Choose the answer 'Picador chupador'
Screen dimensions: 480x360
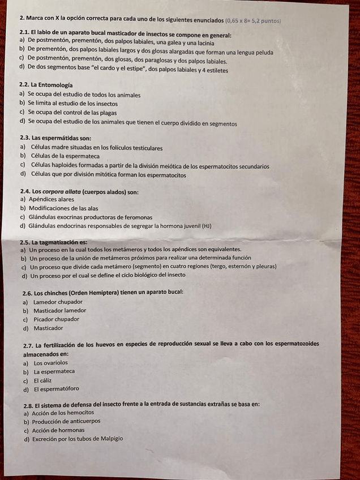tap(56, 319)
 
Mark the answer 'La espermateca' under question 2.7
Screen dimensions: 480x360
tap(54, 371)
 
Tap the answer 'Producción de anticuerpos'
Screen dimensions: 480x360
tap(66, 421)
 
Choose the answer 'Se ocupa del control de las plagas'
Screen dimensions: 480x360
tap(72, 113)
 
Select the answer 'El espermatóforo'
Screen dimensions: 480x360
tap(56, 389)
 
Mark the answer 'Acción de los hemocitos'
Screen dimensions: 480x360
tap(63, 413)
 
